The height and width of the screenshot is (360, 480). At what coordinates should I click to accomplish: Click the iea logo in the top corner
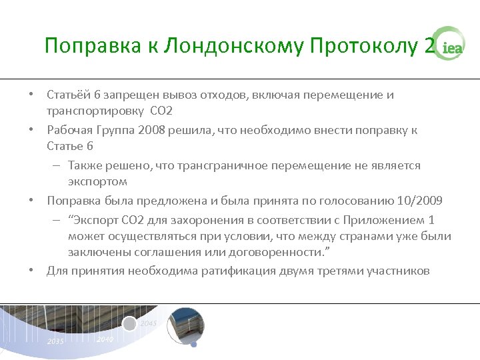click(x=449, y=45)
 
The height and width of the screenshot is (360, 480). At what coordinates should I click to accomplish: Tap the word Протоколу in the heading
click(x=363, y=46)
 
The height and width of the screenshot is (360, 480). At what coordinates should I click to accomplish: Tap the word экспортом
click(x=97, y=181)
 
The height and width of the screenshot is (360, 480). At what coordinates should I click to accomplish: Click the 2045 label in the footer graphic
click(x=149, y=324)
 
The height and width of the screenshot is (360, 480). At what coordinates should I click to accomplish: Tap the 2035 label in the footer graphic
click(x=56, y=341)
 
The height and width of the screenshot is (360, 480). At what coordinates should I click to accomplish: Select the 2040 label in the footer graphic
click(x=105, y=339)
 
